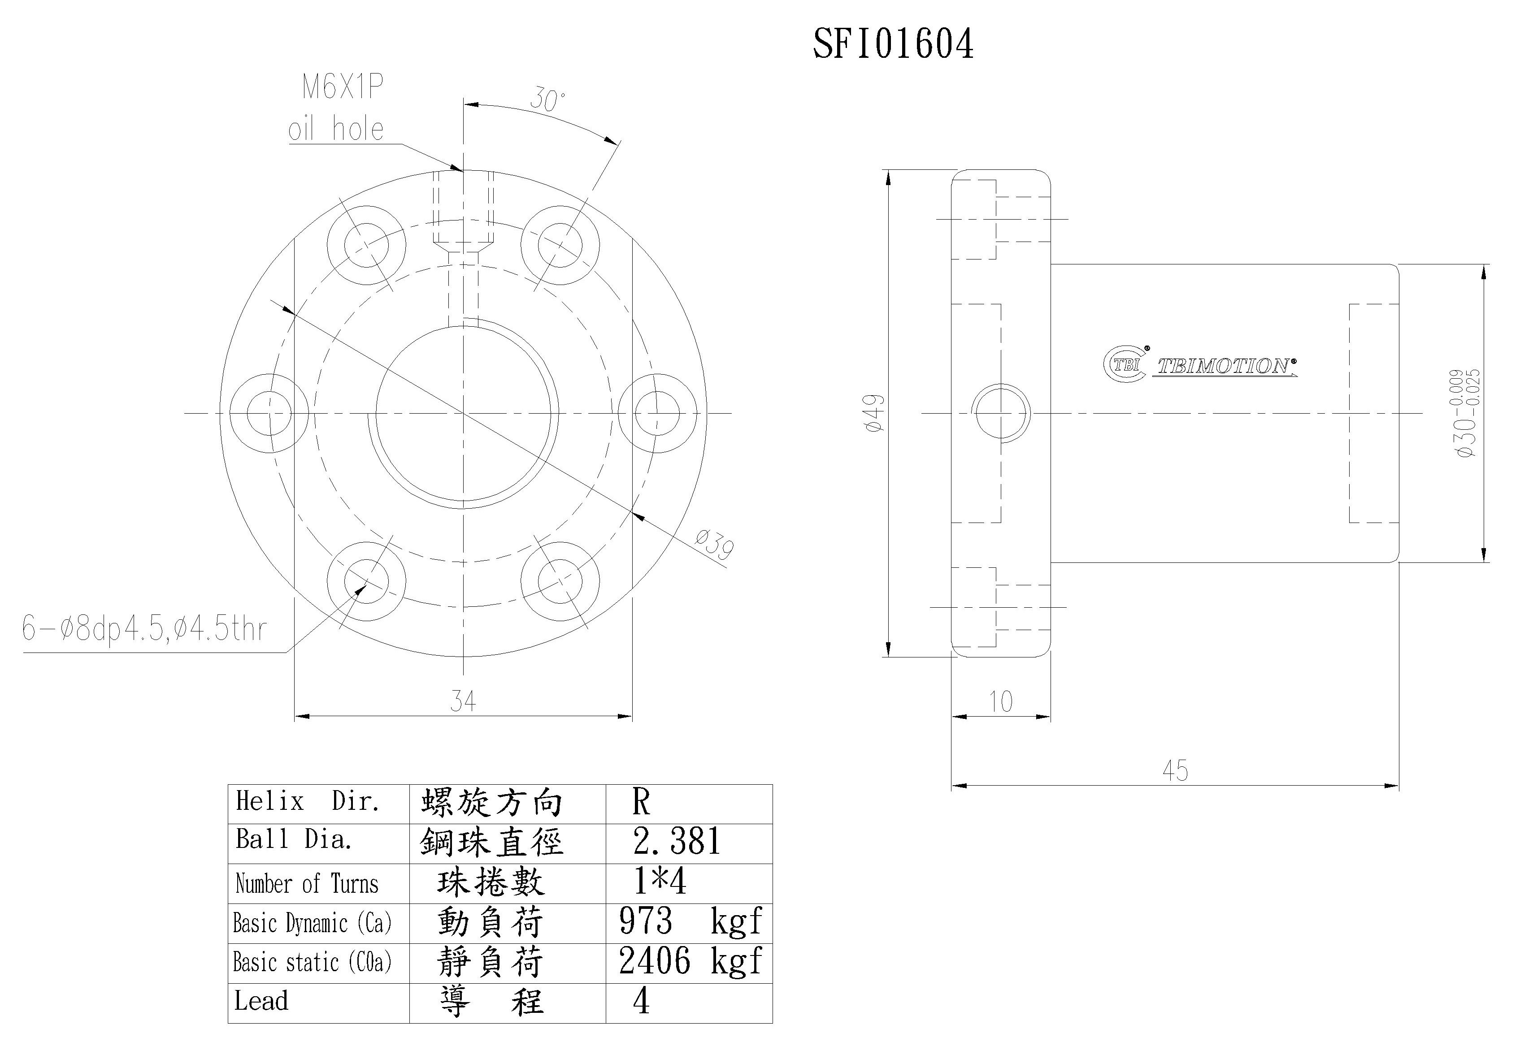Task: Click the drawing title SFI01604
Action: (893, 45)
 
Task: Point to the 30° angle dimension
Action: (547, 100)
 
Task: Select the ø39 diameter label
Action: (714, 544)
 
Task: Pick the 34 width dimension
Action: (463, 700)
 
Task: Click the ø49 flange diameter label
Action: (874, 413)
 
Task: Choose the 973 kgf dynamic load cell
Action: (689, 921)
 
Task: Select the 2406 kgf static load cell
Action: (689, 961)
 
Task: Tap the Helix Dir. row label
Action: (308, 801)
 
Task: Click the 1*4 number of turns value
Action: (660, 882)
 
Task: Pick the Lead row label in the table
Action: (261, 1001)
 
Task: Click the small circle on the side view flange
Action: (1000, 413)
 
